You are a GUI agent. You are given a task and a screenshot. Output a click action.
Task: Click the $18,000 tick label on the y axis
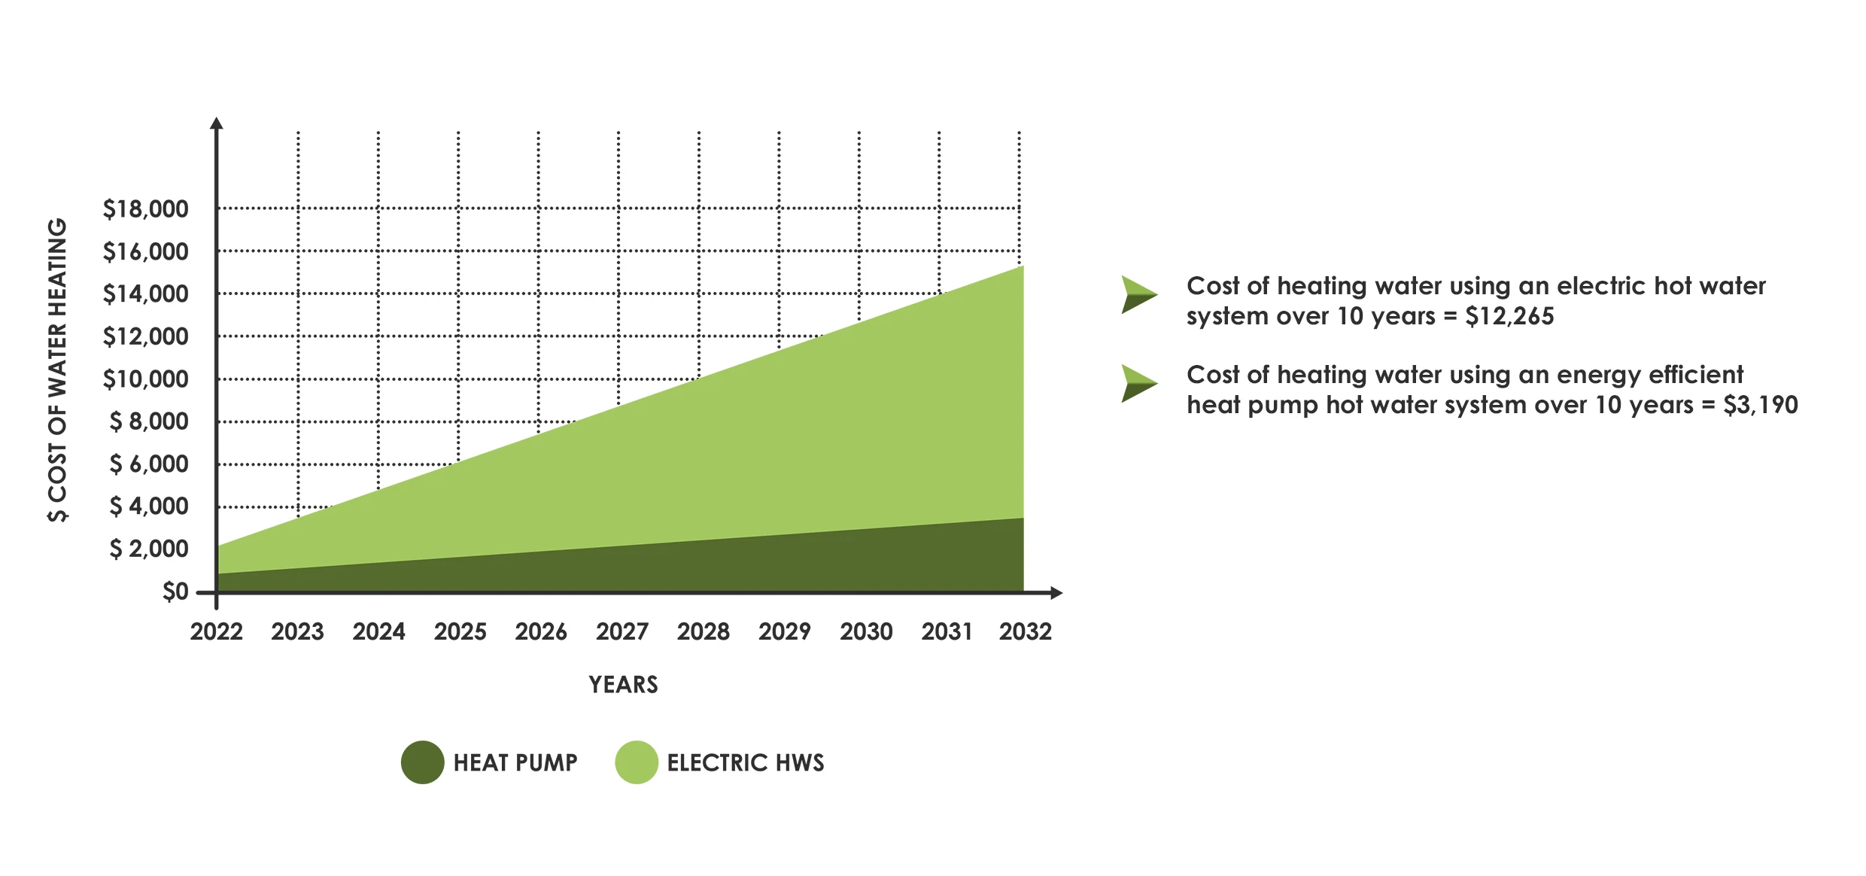145,209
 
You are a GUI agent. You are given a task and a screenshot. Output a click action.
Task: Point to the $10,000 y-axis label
145,379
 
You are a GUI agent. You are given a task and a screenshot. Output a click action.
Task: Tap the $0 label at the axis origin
175,592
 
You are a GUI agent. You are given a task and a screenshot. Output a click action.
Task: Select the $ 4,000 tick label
149,506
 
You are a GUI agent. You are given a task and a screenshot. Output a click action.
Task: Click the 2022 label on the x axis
217,631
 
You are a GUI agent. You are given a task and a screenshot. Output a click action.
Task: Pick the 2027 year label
622,631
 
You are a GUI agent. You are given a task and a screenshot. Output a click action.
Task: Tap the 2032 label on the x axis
1025,631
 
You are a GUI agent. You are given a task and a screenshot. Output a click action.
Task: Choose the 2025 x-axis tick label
460,631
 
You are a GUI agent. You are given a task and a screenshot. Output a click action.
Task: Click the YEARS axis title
623,685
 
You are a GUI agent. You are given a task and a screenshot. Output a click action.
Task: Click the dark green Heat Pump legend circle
422,762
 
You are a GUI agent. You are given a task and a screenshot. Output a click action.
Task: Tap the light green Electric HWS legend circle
637,762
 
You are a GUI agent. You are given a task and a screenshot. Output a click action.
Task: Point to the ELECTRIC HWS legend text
745,763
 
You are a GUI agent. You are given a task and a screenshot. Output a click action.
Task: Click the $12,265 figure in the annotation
1509,316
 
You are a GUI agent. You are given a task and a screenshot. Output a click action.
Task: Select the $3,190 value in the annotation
1760,405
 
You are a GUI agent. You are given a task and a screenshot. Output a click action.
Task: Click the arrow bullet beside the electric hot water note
1138,294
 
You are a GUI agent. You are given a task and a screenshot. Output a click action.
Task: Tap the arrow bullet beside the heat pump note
1138,383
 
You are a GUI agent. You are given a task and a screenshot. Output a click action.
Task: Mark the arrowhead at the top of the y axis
217,123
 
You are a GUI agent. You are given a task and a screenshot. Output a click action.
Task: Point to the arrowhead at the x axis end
1056,593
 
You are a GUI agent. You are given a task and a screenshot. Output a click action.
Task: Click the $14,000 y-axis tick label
145,294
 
